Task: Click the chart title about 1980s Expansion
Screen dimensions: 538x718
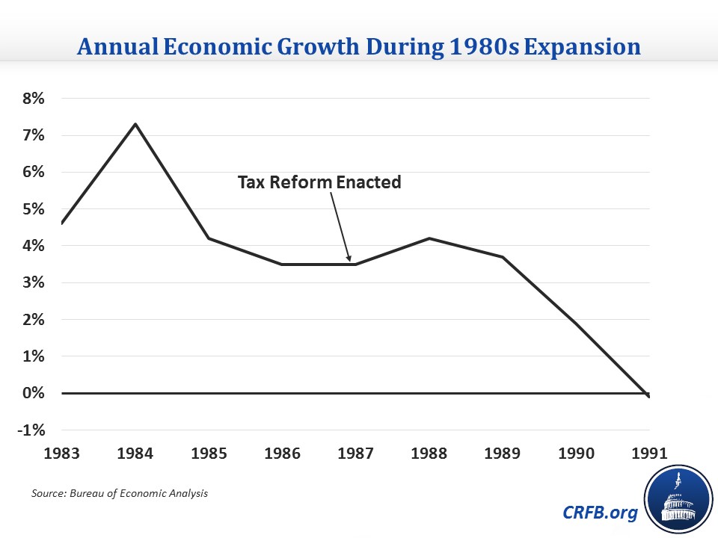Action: click(359, 47)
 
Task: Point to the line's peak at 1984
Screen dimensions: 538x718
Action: click(135, 124)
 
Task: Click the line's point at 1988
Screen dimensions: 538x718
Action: click(429, 238)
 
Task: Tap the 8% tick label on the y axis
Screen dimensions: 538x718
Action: click(33, 99)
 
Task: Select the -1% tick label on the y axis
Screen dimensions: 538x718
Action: click(31, 430)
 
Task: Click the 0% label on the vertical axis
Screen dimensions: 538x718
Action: click(33, 394)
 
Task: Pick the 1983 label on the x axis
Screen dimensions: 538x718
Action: click(62, 453)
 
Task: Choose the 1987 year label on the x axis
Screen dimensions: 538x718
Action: click(356, 453)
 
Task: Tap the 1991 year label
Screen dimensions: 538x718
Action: click(649, 453)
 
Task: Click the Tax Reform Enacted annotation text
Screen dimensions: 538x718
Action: click(319, 182)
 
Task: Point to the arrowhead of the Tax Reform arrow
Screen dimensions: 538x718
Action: click(349, 260)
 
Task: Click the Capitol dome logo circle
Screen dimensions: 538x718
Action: click(677, 497)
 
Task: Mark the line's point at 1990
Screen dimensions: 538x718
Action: click(576, 323)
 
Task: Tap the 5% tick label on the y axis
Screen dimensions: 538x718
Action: click(33, 209)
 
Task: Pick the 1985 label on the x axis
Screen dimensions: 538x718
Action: click(209, 453)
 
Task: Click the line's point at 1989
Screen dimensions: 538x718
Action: click(503, 257)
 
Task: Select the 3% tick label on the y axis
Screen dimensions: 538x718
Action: click(33, 283)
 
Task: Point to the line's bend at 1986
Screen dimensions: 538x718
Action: click(282, 264)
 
